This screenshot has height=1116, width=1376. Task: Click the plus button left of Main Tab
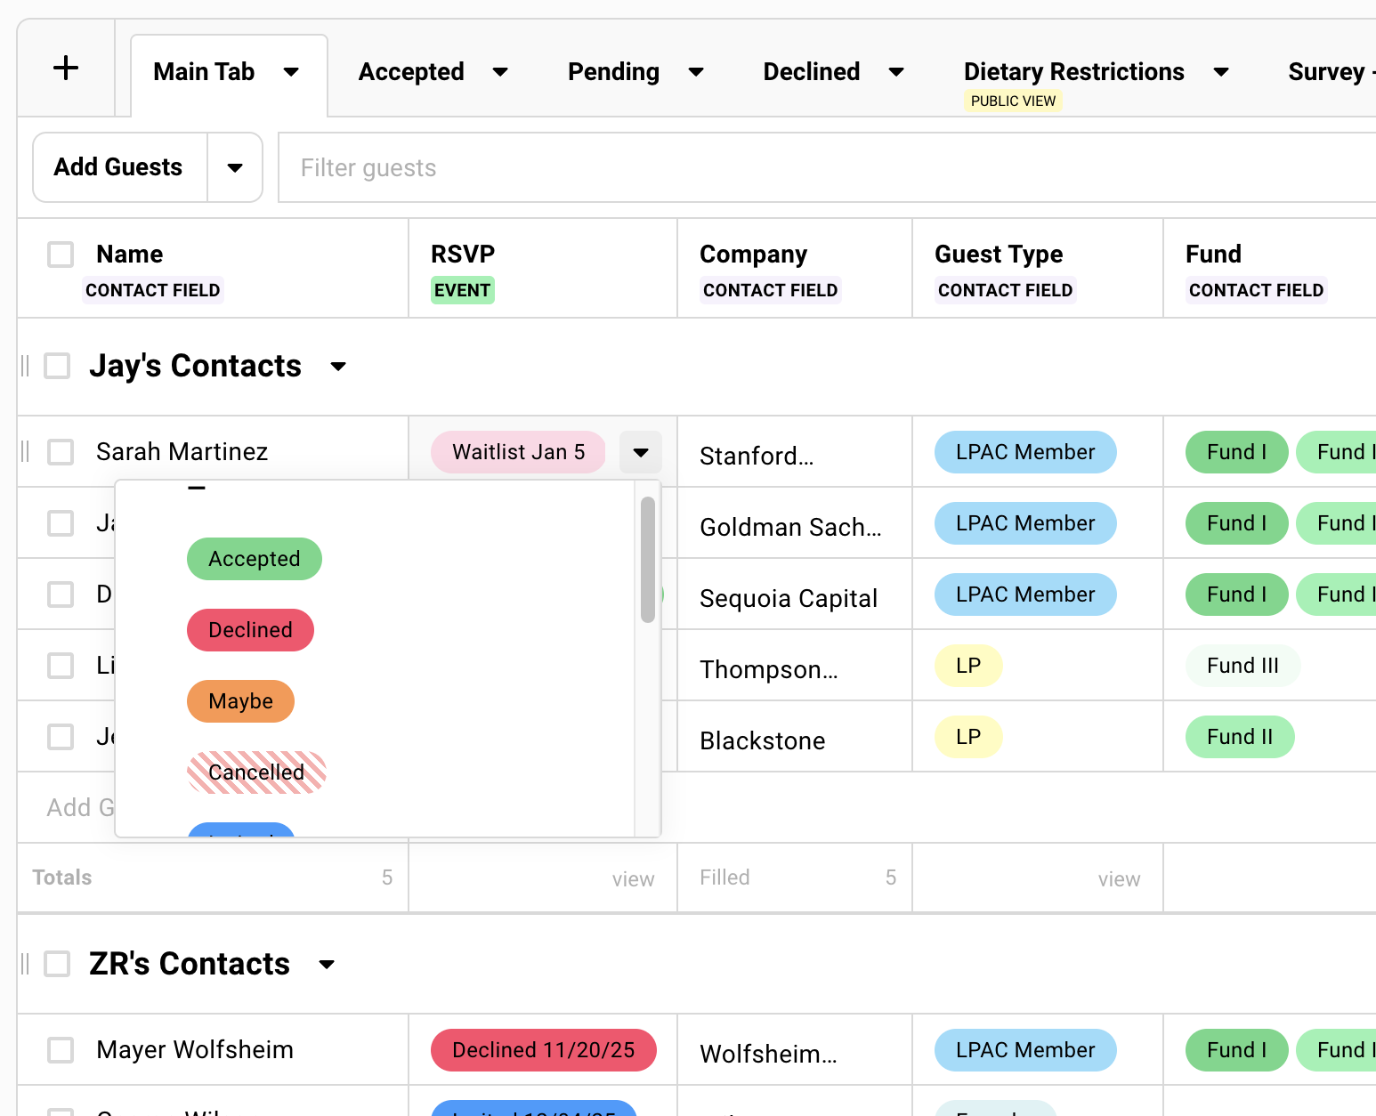pyautogui.click(x=66, y=69)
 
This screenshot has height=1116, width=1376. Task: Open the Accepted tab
pyautogui.click(x=411, y=72)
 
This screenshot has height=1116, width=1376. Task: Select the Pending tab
pyautogui.click(x=613, y=72)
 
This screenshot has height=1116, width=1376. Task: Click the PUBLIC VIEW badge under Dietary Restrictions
pyautogui.click(x=1013, y=101)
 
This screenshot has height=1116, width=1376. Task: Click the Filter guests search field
pyautogui.click(x=801, y=168)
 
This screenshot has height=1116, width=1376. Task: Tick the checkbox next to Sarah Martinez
pyautogui.click(x=61, y=452)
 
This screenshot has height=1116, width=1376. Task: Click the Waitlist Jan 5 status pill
pyautogui.click(x=518, y=452)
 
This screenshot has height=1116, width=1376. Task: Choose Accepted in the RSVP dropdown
pyautogui.click(x=254, y=559)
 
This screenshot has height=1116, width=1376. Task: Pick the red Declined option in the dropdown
pyautogui.click(x=250, y=630)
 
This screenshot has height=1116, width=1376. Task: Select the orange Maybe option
pyautogui.click(x=240, y=701)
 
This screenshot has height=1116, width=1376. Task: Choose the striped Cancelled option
pyautogui.click(x=256, y=772)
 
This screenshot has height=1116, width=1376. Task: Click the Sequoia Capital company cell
pyautogui.click(x=789, y=598)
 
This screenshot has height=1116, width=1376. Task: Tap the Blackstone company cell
pyautogui.click(x=763, y=740)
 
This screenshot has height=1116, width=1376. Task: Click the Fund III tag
pyautogui.click(x=1242, y=666)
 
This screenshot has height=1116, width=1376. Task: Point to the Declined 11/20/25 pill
pyautogui.click(x=543, y=1050)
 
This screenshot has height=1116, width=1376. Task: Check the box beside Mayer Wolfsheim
pyautogui.click(x=61, y=1050)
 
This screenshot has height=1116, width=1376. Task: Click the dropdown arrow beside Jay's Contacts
pyautogui.click(x=338, y=367)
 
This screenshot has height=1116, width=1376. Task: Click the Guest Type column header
pyautogui.click(x=999, y=255)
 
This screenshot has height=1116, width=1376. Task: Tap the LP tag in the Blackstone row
pyautogui.click(x=968, y=737)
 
